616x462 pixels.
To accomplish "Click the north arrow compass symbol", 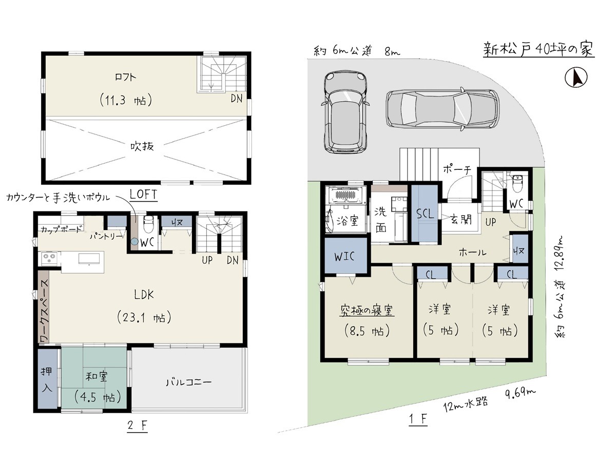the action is click(x=576, y=77).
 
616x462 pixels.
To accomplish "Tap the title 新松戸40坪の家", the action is click(x=538, y=50).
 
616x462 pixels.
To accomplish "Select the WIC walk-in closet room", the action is click(x=345, y=256).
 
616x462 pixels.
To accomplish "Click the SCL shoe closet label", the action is click(x=425, y=214).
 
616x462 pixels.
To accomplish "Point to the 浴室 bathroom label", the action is click(x=348, y=221).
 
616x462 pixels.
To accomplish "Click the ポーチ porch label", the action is click(x=457, y=169).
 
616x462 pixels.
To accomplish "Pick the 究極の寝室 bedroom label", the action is click(x=367, y=310).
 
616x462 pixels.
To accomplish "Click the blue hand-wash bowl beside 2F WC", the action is click(x=134, y=241).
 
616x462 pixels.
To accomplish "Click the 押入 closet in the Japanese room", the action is click(x=47, y=380).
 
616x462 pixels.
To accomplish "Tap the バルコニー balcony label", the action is click(x=188, y=382).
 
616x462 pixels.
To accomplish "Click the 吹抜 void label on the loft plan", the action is click(x=142, y=146).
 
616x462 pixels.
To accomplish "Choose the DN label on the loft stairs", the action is click(x=236, y=99).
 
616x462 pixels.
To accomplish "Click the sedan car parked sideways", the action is click(x=442, y=109).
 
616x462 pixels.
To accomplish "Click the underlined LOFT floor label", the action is click(x=143, y=195).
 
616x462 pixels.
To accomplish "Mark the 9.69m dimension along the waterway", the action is click(x=521, y=393).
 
